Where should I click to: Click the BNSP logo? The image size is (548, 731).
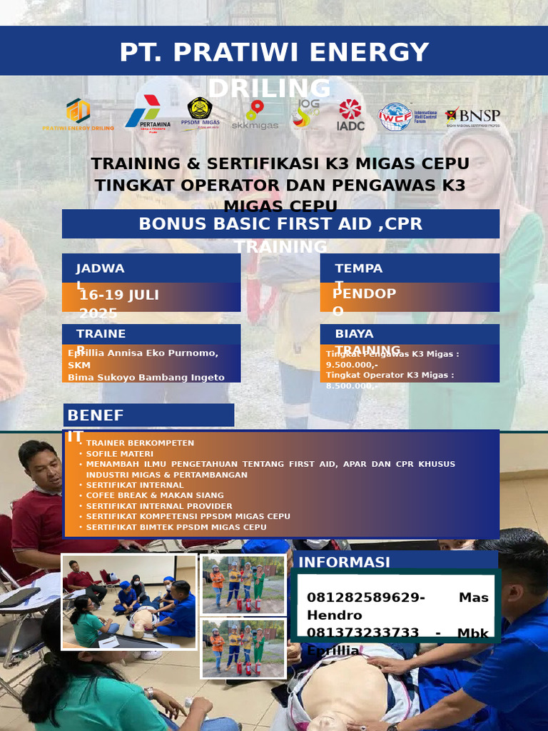point(472,117)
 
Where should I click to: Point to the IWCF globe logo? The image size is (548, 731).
point(395,116)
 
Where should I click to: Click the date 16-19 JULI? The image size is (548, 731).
point(119,296)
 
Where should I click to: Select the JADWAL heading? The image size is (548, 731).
point(100,268)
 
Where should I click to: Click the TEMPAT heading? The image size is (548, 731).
point(359,268)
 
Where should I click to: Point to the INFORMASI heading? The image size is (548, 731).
point(344,563)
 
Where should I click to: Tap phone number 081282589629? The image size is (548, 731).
point(365,598)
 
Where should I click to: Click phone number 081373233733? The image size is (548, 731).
point(362,632)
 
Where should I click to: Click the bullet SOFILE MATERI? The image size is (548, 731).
point(119,453)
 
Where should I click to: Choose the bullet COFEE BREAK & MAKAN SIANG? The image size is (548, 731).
point(155,495)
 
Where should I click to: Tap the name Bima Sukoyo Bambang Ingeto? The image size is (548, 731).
point(146,378)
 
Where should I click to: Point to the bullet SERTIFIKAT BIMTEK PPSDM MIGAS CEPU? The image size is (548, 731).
point(176,527)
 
